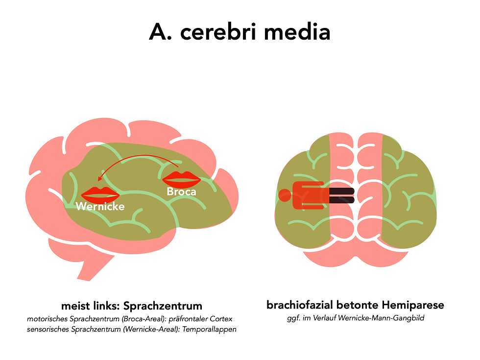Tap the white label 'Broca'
[x=181, y=192]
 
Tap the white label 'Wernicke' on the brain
[x=100, y=206]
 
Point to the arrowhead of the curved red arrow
[x=99, y=179]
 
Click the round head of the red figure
[x=284, y=195]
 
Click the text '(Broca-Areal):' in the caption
[x=147, y=319]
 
